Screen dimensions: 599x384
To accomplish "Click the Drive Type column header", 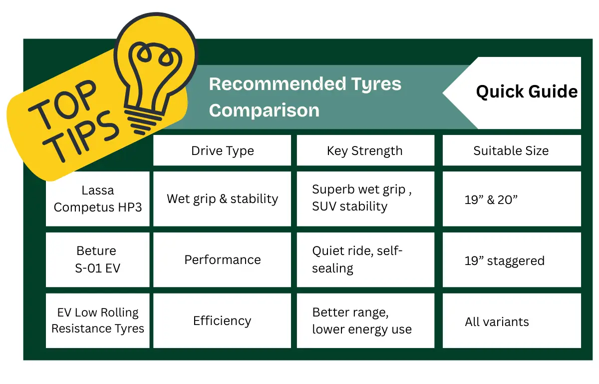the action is (x=222, y=151).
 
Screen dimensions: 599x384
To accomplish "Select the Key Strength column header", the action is (x=365, y=151).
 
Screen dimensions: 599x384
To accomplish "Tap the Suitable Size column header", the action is (x=511, y=150).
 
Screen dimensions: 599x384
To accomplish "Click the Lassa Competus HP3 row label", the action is (x=98, y=198).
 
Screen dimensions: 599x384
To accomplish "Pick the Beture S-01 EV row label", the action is (x=98, y=259).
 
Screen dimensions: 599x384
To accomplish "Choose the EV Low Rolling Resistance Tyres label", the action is (x=98, y=320).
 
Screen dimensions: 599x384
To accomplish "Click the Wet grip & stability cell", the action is (x=222, y=198).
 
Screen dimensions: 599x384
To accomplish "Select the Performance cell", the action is (x=222, y=259).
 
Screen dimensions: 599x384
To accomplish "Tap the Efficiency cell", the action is (x=222, y=320).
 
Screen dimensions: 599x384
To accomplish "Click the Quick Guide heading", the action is (x=527, y=92).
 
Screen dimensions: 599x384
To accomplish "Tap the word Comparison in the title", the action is (x=264, y=110).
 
